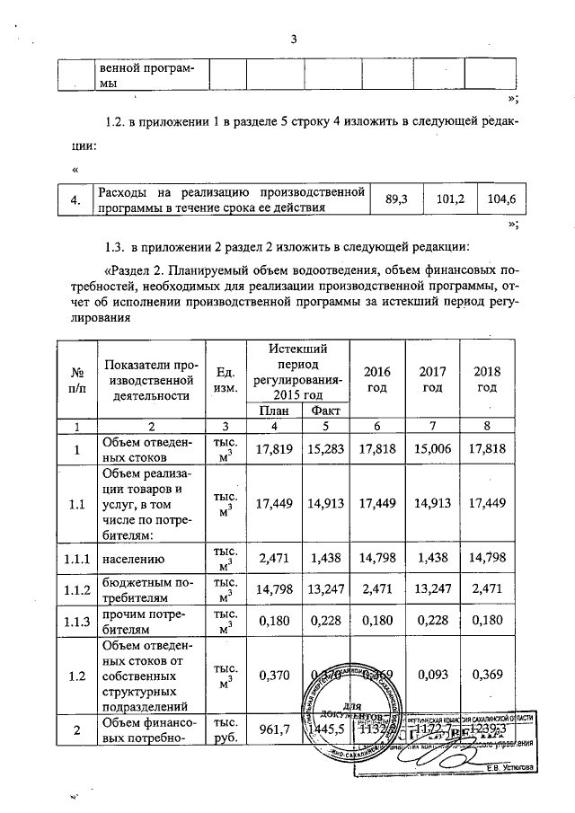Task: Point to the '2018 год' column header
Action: [x=487, y=381]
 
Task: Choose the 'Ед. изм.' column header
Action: [x=226, y=381]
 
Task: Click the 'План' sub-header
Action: [x=265, y=411]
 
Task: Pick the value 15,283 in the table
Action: [x=320, y=449]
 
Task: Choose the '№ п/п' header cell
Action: [x=76, y=381]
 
